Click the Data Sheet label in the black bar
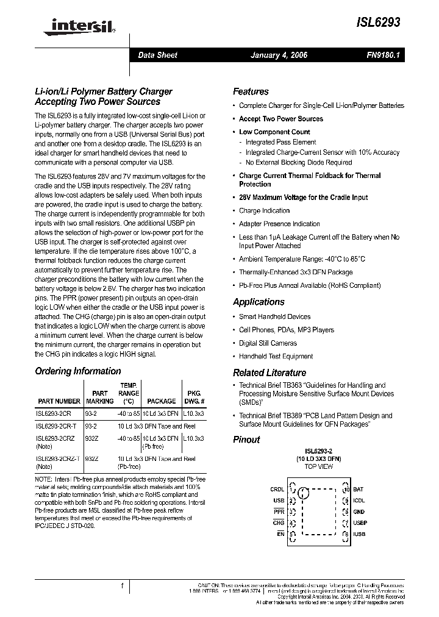coord(157,55)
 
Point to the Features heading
coord(251,91)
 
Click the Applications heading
coord(259,302)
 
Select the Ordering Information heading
coord(78,371)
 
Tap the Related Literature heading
coord(269,373)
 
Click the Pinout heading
coord(246,440)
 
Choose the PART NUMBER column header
coord(59,401)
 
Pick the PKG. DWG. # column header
coord(193,398)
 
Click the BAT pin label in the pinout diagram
coord(358,490)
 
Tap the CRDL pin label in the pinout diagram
coord(277,490)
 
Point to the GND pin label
coord(359,512)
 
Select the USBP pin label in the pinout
coord(360,523)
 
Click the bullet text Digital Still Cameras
coord(268,343)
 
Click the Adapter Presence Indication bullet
coord(279,224)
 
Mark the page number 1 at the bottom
coord(123,587)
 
